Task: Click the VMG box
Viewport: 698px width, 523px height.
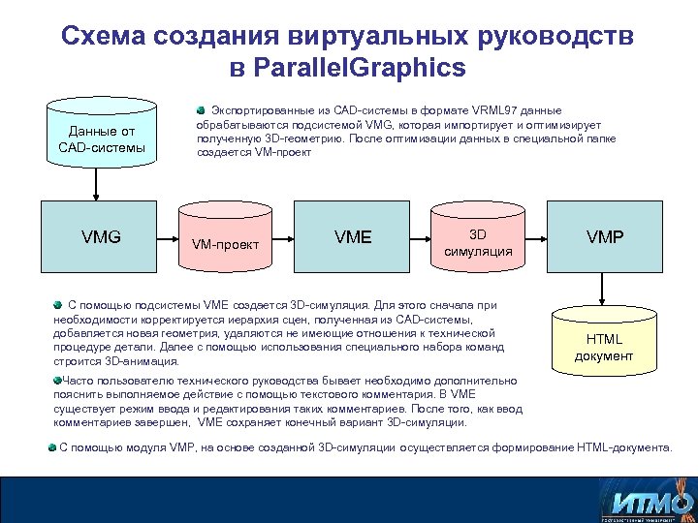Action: coord(101,236)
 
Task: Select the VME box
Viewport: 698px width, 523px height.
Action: coord(352,236)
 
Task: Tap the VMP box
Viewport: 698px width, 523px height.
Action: coord(604,236)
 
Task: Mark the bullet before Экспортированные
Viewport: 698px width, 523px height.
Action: coord(202,110)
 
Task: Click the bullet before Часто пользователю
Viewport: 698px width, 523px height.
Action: coord(57,381)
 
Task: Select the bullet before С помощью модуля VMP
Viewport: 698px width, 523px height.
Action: coord(53,447)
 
